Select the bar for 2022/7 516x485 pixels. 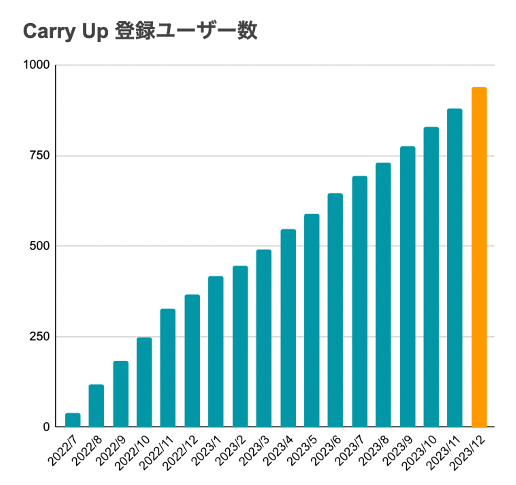pyautogui.click(x=73, y=420)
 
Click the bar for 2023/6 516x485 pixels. pyautogui.click(x=335, y=310)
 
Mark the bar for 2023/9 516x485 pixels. pyautogui.click(x=407, y=286)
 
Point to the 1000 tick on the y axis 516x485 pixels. pyautogui.click(x=36, y=65)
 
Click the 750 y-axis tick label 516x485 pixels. pyautogui.click(x=39, y=156)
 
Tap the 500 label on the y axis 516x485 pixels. pyautogui.click(x=39, y=246)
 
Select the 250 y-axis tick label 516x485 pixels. pyautogui.click(x=39, y=337)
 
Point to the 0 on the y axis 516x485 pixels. pyautogui.click(x=46, y=427)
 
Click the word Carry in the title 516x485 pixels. pyautogui.click(x=49, y=32)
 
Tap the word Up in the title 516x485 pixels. pyautogui.click(x=95, y=32)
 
